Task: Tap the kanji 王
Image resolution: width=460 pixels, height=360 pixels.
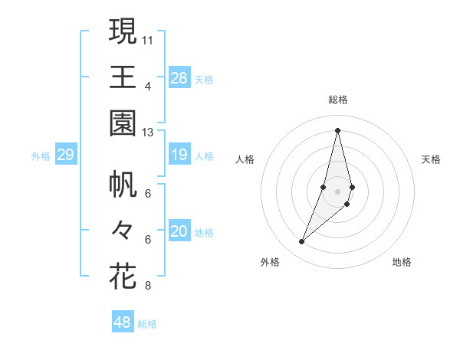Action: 123,77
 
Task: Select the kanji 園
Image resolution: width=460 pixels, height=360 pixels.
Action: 123,123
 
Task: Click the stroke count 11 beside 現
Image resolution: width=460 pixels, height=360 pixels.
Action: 148,39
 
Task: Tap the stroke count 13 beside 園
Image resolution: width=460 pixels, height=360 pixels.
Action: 148,133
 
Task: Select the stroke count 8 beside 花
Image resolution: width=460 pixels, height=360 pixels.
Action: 147,286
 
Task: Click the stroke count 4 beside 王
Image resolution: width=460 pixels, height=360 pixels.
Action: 147,86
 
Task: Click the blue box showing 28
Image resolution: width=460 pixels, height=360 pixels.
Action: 179,78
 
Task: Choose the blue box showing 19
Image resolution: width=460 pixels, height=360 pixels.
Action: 179,155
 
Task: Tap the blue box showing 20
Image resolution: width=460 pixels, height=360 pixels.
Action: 179,232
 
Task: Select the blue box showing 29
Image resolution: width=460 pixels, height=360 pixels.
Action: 65,155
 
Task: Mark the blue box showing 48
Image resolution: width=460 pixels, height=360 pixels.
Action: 123,322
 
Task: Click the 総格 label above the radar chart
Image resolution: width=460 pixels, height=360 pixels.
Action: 338,100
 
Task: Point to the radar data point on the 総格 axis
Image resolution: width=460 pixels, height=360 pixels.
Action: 337,129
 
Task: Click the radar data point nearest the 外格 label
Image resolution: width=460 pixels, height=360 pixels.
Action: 302,242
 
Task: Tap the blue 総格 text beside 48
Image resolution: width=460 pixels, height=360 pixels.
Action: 147,324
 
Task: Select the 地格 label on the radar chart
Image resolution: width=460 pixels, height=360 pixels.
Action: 402,262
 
